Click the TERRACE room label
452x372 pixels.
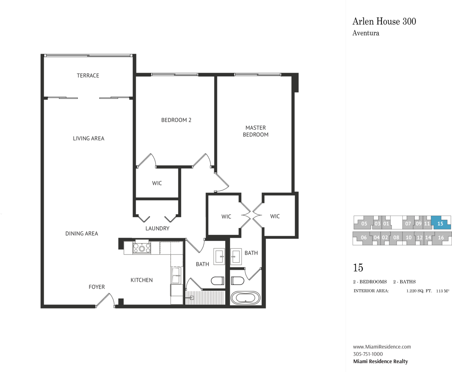pyautogui.click(x=88, y=75)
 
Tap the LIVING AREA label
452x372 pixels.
pyautogui.click(x=89, y=139)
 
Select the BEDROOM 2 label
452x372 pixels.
pyautogui.click(x=176, y=120)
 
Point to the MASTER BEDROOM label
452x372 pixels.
pyautogui.click(x=256, y=131)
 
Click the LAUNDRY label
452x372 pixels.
pyautogui.click(x=157, y=228)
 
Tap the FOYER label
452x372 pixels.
pyautogui.click(x=97, y=287)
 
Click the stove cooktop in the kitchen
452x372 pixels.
pyautogui.click(x=142, y=248)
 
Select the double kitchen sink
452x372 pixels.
pyautogui.click(x=176, y=276)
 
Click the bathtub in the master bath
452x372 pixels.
pyautogui.click(x=246, y=298)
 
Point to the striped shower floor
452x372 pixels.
pyautogui.click(x=205, y=298)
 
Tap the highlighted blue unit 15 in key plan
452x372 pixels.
pyautogui.click(x=441, y=223)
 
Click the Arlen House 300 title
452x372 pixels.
pyautogui.click(x=384, y=22)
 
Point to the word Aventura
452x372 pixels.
pyautogui.click(x=366, y=33)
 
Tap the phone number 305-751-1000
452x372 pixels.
pyautogui.click(x=368, y=354)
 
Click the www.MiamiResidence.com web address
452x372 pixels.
pyautogui.click(x=382, y=347)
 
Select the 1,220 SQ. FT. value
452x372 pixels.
pyautogui.click(x=419, y=291)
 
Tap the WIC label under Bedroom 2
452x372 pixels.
pyautogui.click(x=157, y=183)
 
